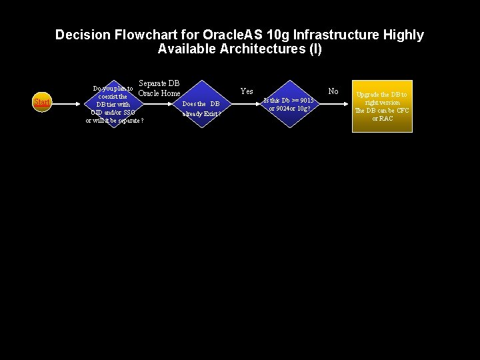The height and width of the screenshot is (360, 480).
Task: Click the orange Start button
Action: (42, 102)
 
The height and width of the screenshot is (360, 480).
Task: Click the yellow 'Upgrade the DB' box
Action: (382, 106)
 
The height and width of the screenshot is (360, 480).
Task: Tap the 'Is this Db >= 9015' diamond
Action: (288, 104)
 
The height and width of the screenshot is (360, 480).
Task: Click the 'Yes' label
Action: (247, 91)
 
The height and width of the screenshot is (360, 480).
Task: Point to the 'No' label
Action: (333, 91)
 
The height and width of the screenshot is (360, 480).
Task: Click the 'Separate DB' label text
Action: (159, 83)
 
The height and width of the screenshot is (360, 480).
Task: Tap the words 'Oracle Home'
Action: (159, 93)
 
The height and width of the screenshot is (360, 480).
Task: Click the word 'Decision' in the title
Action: (81, 35)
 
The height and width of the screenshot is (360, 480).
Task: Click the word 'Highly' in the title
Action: (403, 35)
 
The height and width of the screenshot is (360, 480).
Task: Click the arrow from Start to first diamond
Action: (67, 102)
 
